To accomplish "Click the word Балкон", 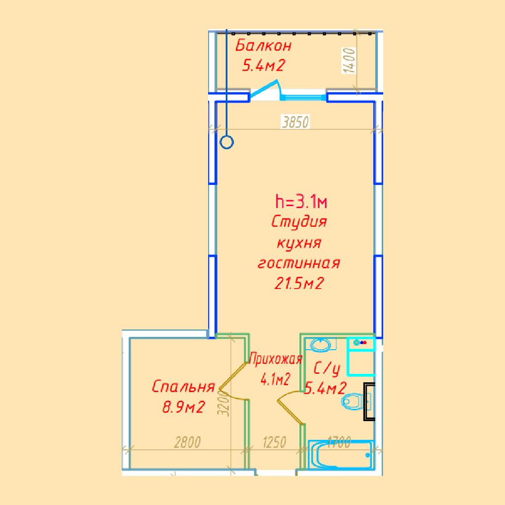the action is [x=263, y=45].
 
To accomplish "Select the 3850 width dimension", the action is [x=295, y=122].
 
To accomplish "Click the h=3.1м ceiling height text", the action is [x=301, y=201].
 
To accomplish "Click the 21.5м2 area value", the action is [x=299, y=284].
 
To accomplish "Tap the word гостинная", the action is [x=299, y=263].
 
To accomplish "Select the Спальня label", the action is [x=183, y=386].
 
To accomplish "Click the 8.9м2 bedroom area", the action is [x=183, y=407].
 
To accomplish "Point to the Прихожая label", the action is [x=276, y=359].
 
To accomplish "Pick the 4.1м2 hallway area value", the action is [x=275, y=379].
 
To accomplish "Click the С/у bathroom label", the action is [x=327, y=369].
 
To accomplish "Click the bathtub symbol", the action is [x=341, y=454].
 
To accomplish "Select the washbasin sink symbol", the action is [x=321, y=345].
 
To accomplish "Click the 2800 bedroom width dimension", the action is [x=187, y=442].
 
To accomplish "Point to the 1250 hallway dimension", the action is [x=274, y=442].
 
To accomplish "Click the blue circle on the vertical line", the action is [x=227, y=143].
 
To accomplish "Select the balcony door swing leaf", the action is [x=264, y=88].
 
